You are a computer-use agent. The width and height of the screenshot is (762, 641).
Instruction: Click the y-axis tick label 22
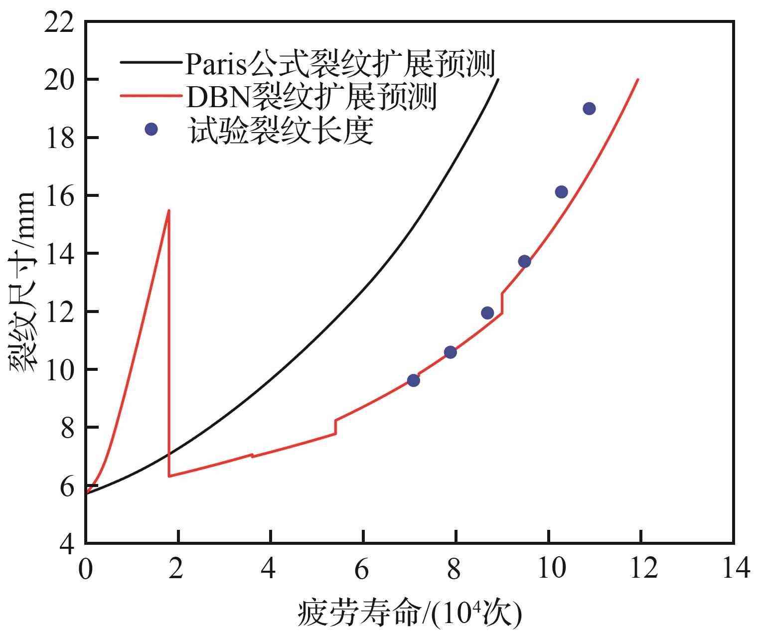click(59, 23)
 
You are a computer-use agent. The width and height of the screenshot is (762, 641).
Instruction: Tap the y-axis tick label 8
click(67, 428)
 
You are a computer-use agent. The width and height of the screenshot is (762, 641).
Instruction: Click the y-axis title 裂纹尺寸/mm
click(22, 282)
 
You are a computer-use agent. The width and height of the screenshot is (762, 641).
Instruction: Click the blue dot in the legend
click(151, 130)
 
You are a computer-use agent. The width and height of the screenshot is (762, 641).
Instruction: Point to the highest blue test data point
click(589, 109)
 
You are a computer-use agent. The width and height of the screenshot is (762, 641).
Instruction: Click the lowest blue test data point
click(413, 380)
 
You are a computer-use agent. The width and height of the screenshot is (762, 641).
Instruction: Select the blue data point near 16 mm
click(561, 192)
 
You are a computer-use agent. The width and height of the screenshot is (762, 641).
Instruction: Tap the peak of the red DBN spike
click(169, 210)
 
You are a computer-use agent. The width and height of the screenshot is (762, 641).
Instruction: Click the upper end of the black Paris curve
click(498, 79)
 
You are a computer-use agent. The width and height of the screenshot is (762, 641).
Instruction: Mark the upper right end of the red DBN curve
click(638, 79)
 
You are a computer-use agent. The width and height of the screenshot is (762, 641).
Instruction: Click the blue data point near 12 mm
click(487, 313)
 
